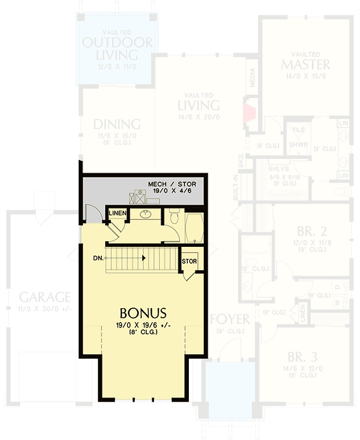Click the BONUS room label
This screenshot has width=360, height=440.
143,313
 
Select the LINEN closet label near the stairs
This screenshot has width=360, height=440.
117,213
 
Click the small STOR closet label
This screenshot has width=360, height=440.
189,261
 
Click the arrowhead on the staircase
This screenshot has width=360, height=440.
144,258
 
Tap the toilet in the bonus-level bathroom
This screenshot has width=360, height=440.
173,216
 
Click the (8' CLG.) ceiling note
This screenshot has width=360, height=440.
143,333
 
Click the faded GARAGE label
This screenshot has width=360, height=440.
44,297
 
